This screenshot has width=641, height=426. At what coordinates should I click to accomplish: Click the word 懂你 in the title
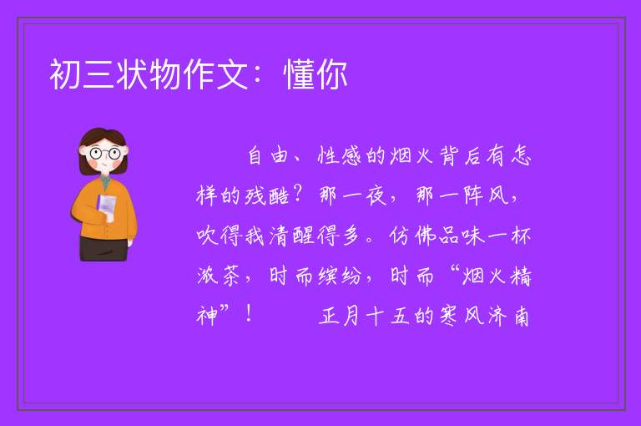(x=315, y=74)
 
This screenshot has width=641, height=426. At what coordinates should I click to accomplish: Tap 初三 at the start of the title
(x=82, y=74)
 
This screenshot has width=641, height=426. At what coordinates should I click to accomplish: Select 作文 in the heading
(x=215, y=74)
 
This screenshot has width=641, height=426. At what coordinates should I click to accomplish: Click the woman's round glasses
(x=105, y=154)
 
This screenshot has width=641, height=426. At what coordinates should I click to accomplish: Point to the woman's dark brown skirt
(x=104, y=248)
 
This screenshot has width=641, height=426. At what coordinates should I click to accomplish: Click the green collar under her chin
(x=105, y=182)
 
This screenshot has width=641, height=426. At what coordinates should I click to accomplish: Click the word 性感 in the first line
(x=339, y=156)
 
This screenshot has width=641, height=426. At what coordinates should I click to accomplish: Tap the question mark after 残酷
(x=298, y=195)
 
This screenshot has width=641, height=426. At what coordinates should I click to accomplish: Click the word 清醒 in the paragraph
(x=292, y=236)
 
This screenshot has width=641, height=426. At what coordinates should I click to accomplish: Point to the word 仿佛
(x=411, y=236)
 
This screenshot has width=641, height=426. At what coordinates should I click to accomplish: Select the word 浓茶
(x=219, y=276)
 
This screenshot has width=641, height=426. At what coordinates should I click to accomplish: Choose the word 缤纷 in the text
(x=340, y=276)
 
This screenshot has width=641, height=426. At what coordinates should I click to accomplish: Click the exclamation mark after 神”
(x=249, y=314)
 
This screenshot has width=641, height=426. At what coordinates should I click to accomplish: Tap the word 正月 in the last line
(x=340, y=317)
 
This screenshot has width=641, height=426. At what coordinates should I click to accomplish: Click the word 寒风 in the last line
(x=461, y=317)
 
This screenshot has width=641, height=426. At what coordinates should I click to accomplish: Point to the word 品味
(x=461, y=236)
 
